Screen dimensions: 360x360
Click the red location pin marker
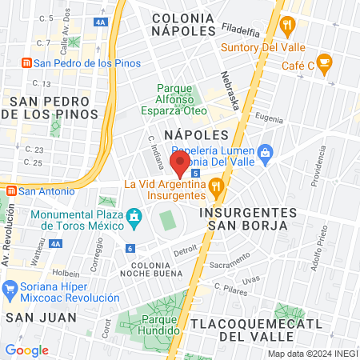click(x=180, y=166)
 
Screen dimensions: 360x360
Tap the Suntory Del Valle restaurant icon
click(x=286, y=26)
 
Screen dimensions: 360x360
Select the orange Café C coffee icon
click(x=324, y=63)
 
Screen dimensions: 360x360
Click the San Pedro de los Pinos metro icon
click(x=26, y=62)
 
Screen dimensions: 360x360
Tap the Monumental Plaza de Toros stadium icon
click(x=134, y=216)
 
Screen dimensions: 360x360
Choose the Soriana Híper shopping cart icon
click(x=11, y=286)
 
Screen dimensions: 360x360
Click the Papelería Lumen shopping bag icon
click(x=266, y=151)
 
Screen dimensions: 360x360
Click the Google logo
click(x=26, y=350)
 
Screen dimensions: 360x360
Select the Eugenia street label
click(x=270, y=118)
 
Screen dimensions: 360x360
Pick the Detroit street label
click(x=185, y=250)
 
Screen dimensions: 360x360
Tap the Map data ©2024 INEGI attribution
click(x=312, y=354)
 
